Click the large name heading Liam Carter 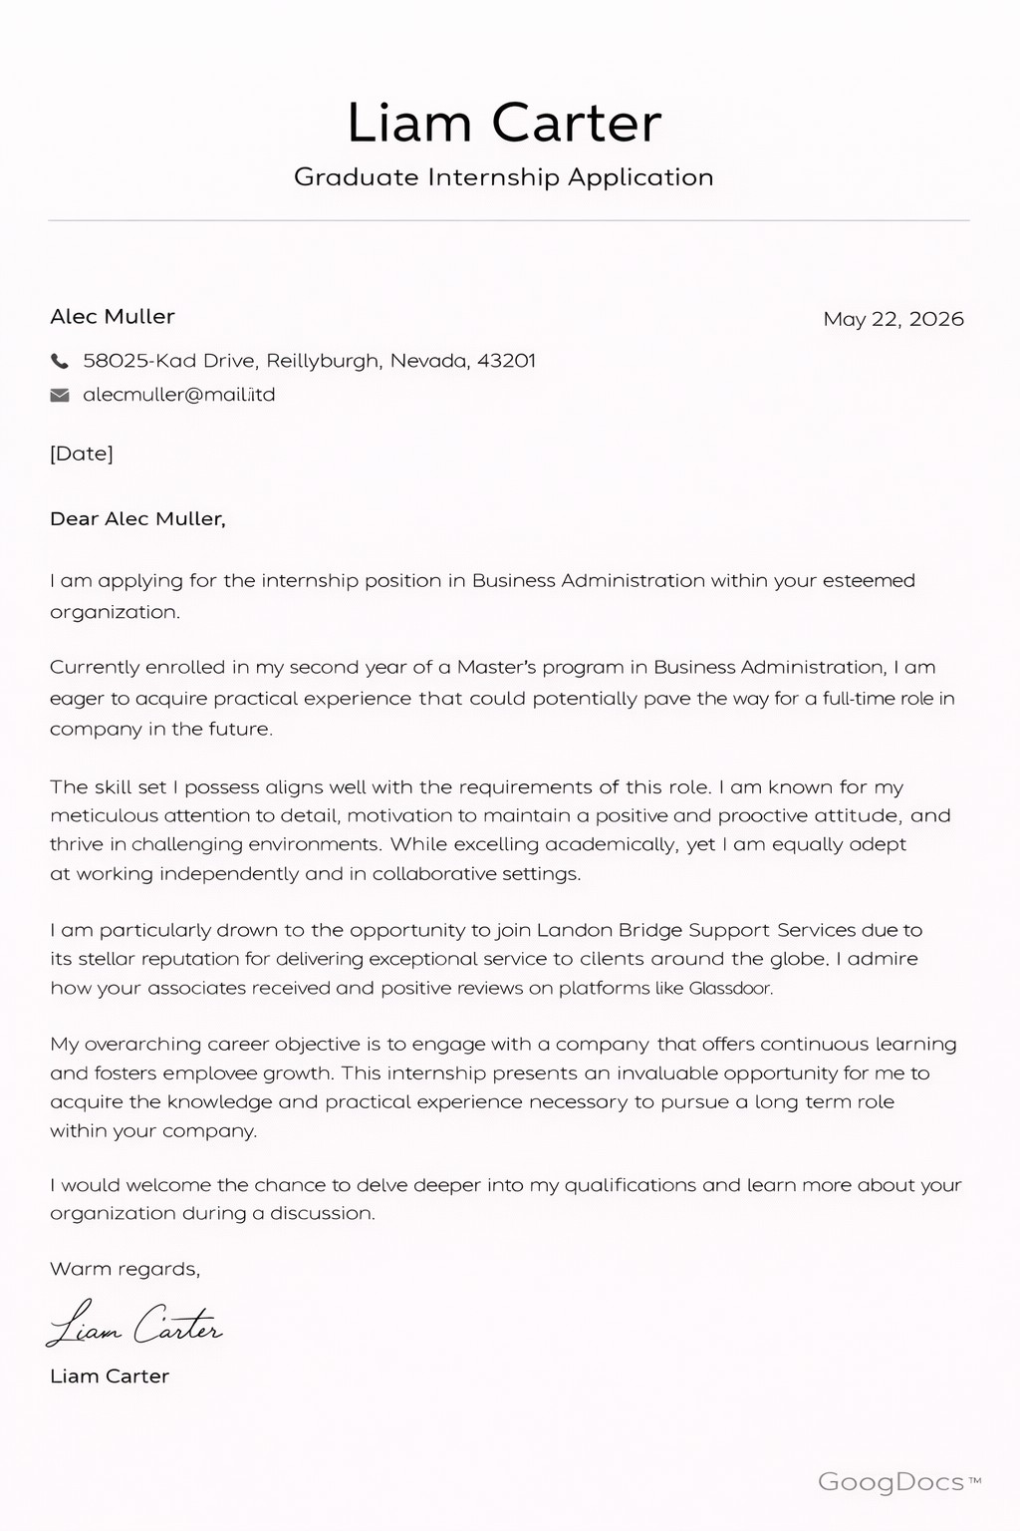click(x=504, y=123)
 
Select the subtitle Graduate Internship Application click(x=504, y=177)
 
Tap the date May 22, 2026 click(x=893, y=319)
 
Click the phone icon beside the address click(x=60, y=361)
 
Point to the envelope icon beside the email click(x=60, y=395)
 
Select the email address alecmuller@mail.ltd click(x=179, y=395)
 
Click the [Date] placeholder click(x=82, y=454)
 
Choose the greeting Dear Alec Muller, click(x=137, y=518)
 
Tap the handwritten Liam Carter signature click(x=135, y=1325)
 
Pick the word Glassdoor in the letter click(x=730, y=989)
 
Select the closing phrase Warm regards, click(x=125, y=1269)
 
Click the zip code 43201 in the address click(x=506, y=361)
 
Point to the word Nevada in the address click(x=428, y=361)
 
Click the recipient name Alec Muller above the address click(x=113, y=317)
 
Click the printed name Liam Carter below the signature click(x=110, y=1377)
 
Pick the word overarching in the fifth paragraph click(x=143, y=1045)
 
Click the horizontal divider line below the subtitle click(x=508, y=220)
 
